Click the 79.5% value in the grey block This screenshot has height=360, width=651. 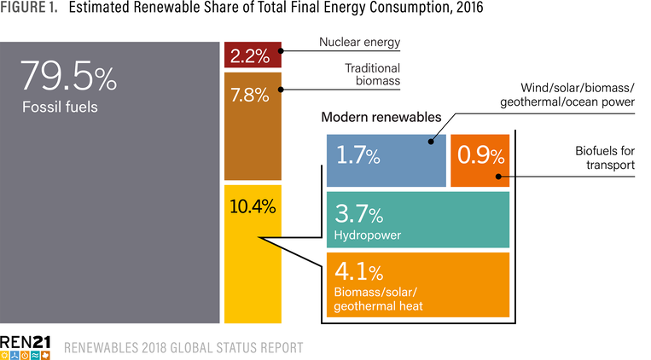(67, 78)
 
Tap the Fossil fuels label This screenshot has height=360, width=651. (60, 107)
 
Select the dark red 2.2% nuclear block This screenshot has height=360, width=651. (251, 56)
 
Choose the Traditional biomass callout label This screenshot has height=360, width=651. (372, 75)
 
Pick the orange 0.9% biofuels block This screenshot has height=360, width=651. (480, 159)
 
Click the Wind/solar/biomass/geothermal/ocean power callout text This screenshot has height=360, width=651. (577, 95)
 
